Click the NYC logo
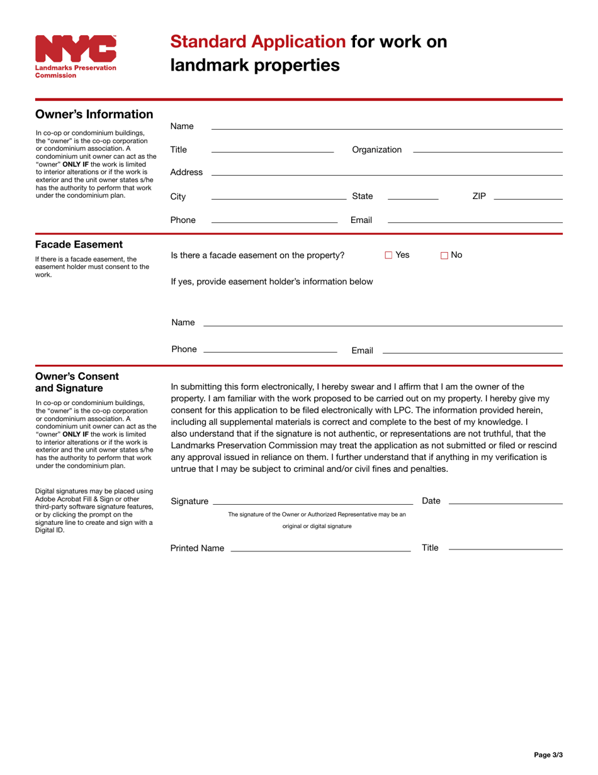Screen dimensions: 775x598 76,56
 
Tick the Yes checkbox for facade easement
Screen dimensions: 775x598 388,255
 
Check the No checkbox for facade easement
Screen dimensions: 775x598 444,255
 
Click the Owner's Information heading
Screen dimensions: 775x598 94,114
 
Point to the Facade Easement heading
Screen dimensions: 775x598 79,244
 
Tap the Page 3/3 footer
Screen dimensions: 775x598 548,754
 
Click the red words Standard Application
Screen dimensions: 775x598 258,42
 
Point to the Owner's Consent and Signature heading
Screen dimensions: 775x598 77,382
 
